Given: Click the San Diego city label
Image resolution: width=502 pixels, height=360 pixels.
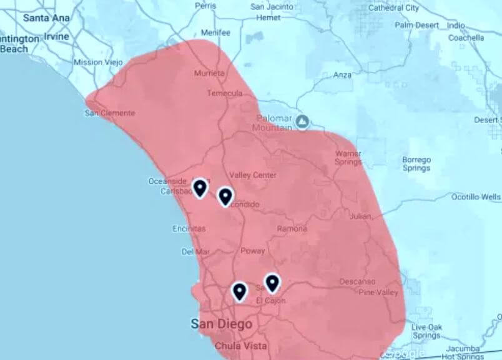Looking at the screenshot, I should tap(222, 324).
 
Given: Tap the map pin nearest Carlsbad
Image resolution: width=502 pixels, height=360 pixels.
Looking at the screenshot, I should tap(200, 187).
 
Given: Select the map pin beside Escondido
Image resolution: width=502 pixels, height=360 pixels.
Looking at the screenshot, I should tap(225, 196).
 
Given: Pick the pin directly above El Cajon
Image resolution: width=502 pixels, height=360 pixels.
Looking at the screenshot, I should tap(272, 283).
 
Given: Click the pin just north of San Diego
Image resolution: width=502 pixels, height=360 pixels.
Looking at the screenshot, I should tap(239, 291).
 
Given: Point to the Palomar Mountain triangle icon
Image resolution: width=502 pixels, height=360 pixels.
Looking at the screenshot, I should tap(303, 120).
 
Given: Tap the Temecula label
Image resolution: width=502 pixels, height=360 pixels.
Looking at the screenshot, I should tap(225, 93).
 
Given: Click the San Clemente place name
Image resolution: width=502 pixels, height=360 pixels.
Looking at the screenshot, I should tap(110, 113).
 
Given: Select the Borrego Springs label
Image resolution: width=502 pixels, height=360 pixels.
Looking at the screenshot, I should tap(416, 164).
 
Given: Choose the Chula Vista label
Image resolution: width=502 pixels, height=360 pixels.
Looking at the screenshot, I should tap(240, 346).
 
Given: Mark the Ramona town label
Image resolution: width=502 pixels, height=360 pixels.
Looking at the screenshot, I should tap(292, 229).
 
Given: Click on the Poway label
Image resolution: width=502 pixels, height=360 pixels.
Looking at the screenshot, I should tap(252, 251).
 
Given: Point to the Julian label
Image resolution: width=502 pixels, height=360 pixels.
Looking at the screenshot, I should tap(360, 217).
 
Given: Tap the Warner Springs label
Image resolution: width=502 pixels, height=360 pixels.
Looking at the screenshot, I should tap(348, 157).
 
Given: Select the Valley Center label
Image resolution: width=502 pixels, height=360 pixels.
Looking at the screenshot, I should tap(253, 175).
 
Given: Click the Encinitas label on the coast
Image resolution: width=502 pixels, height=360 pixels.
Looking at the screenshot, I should tap(189, 229).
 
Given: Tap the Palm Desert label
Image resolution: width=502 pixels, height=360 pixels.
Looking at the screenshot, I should tap(418, 26).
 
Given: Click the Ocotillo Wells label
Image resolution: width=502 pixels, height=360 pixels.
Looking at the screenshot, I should tap(476, 197).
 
